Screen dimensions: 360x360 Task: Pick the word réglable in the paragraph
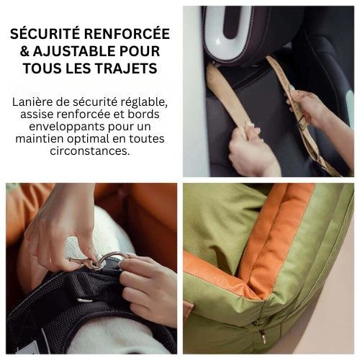[145, 102]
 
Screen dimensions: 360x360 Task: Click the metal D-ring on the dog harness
[107, 259]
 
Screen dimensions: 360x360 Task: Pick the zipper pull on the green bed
[264, 336]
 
